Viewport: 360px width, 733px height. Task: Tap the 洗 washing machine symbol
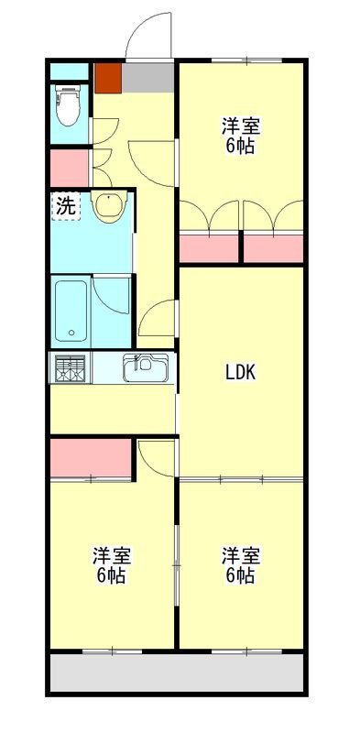pyautogui.click(x=65, y=205)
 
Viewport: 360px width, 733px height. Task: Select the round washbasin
pyautogui.click(x=108, y=208)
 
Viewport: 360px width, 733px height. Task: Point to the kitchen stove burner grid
pyautogui.click(x=71, y=368)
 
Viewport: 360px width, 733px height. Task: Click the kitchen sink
pyautogui.click(x=145, y=368)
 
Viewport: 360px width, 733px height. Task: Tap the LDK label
pyautogui.click(x=241, y=372)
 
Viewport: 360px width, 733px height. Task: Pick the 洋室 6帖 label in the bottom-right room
pyautogui.click(x=240, y=565)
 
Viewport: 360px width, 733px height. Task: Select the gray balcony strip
pyautogui.click(x=176, y=673)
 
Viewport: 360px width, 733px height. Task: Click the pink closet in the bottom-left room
pyautogui.click(x=90, y=458)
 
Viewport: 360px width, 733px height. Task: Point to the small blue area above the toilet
pyautogui.click(x=68, y=71)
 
